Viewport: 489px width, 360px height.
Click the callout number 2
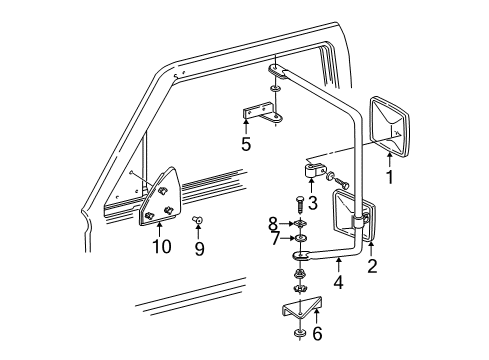[x=372, y=266]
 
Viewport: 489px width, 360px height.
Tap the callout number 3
[x=312, y=204]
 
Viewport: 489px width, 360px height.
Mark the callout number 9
[x=199, y=249]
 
